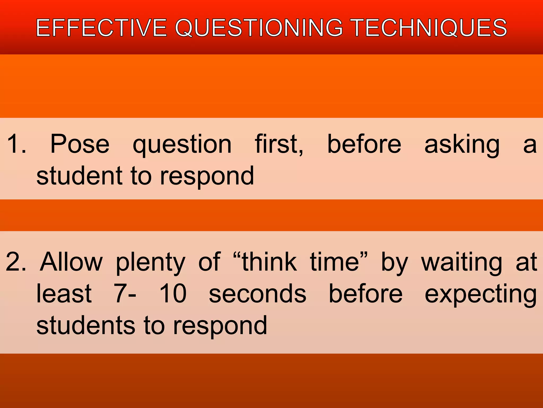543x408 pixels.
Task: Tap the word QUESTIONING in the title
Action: (x=259, y=28)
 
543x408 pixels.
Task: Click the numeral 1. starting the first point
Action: (x=16, y=144)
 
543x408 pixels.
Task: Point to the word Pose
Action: (x=80, y=144)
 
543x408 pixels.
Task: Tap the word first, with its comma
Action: (x=279, y=144)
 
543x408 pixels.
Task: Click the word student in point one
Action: (x=79, y=176)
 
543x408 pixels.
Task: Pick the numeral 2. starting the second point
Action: (x=16, y=262)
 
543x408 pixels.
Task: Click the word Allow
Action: (x=71, y=262)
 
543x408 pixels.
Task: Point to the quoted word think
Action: (x=269, y=262)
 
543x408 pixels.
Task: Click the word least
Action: (x=64, y=294)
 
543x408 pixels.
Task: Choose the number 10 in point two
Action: (x=173, y=294)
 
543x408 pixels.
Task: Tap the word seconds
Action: (x=257, y=294)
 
